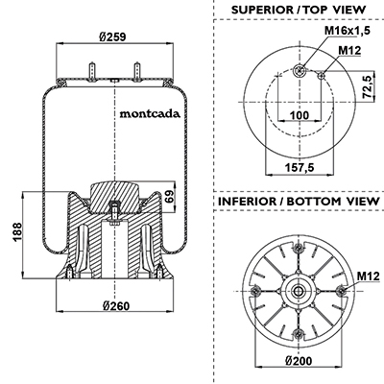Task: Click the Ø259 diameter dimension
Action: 112,36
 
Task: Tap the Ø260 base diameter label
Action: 116,306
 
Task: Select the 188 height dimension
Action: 17,232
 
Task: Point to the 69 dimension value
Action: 170,196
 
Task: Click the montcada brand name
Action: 150,114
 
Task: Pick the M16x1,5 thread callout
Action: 348,31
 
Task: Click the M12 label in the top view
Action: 349,50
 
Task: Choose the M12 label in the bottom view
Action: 368,276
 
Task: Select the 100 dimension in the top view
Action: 300,115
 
